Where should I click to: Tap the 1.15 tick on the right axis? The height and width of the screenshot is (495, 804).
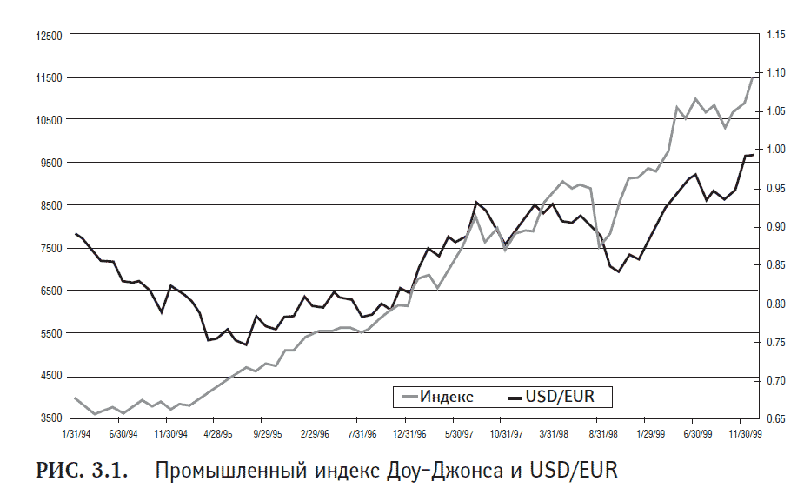tap(775, 35)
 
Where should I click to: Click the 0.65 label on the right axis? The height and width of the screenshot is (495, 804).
tap(775, 419)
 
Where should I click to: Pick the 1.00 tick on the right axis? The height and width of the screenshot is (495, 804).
tap(775, 150)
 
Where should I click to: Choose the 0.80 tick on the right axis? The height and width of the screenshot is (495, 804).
tap(775, 304)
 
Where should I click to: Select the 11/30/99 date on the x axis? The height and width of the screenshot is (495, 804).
tap(745, 432)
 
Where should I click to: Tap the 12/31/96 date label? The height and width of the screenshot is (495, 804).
tap(409, 432)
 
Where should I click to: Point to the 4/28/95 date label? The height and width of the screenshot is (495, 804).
tap(218, 432)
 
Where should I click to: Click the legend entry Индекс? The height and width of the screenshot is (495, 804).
tap(447, 398)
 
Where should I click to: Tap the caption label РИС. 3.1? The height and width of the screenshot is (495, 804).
tap(81, 472)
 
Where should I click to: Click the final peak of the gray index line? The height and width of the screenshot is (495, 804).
tap(753, 78)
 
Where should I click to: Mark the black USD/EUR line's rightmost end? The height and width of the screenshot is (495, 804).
tap(753, 155)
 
